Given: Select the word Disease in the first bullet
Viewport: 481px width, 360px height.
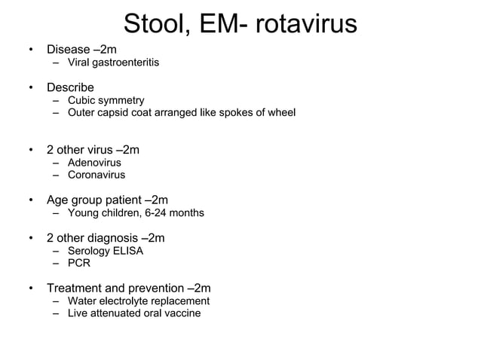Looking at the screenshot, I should pyautogui.click(x=68, y=50).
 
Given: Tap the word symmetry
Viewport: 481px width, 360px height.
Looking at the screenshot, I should pyautogui.click(x=121, y=100).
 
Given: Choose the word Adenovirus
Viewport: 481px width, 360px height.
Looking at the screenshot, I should pyautogui.click(x=94, y=163).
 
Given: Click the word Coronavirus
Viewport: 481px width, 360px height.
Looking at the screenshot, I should pyautogui.click(x=97, y=175).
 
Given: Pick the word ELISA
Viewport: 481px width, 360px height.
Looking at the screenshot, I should pyautogui.click(x=127, y=251).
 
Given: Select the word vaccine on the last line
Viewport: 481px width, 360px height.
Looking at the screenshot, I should pyautogui.click(x=182, y=313).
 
